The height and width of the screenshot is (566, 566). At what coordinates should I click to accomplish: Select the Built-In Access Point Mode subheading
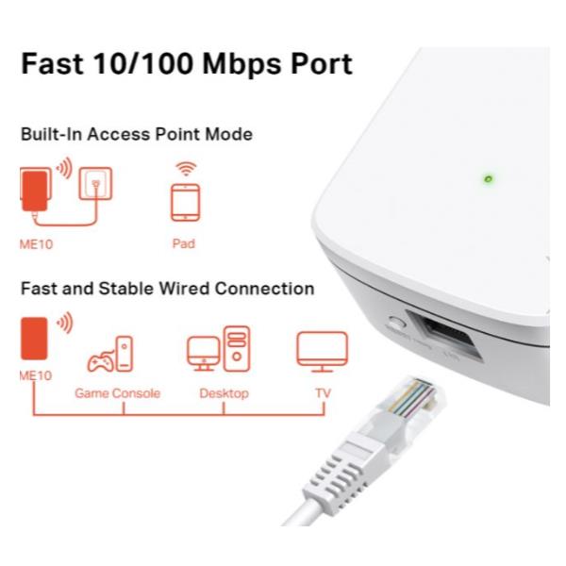pyautogui.click(x=136, y=135)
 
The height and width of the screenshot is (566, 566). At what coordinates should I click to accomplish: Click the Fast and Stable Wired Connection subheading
pyautogui.click(x=167, y=289)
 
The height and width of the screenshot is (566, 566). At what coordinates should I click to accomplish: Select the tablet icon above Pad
pyautogui.click(x=184, y=202)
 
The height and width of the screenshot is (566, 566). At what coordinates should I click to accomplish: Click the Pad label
pyautogui.click(x=184, y=243)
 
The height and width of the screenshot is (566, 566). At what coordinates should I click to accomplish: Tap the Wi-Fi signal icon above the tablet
pyautogui.click(x=186, y=169)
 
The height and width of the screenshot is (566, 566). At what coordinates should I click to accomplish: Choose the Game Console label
pyautogui.click(x=118, y=392)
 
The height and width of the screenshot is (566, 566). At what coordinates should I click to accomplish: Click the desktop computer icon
pyautogui.click(x=219, y=349)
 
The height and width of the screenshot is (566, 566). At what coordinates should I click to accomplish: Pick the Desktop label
pyautogui.click(x=224, y=392)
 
